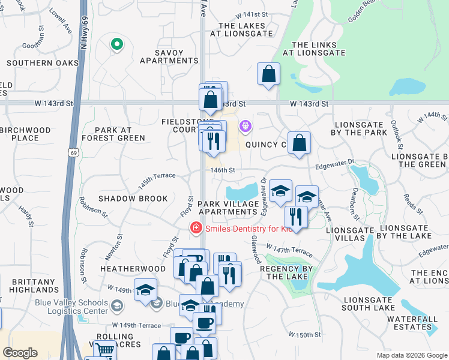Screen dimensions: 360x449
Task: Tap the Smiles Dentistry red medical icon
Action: tap(195, 228)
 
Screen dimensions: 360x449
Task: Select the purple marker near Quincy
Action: tap(245, 127)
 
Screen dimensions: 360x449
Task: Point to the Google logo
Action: tap(20, 352)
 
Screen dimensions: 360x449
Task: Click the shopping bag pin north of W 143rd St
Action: tap(269, 74)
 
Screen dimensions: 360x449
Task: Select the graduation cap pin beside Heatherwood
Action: tap(145, 290)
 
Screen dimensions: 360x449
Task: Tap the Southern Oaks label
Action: tap(43, 62)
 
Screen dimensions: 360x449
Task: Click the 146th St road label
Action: tap(221, 170)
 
